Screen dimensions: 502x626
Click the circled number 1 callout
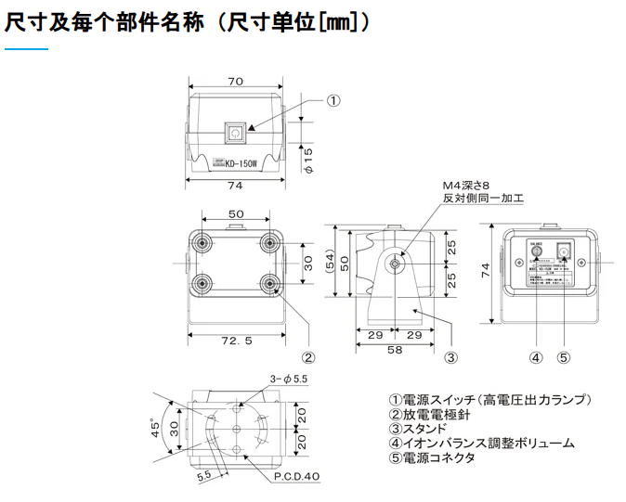[x=334, y=100]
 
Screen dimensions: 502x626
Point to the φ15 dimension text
[x=309, y=159]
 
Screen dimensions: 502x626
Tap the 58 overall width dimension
[x=396, y=351]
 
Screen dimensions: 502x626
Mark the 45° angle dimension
[x=156, y=430]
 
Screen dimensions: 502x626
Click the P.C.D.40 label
[x=296, y=476]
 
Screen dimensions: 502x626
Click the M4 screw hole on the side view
[x=397, y=264]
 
